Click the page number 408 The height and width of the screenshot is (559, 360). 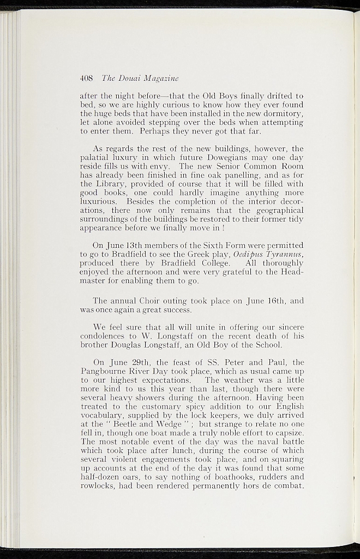86,78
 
